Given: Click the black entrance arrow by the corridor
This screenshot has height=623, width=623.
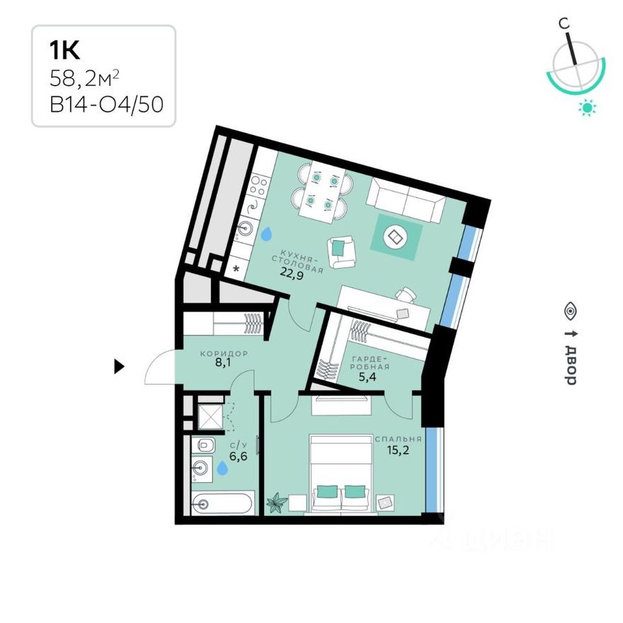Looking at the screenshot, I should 120,366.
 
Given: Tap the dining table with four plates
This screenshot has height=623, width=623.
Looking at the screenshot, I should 321,192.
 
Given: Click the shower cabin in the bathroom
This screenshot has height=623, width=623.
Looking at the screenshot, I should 210,416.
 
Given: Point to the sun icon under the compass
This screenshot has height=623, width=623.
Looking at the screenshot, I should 587,108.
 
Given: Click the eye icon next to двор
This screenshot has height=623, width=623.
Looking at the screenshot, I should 570,309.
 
